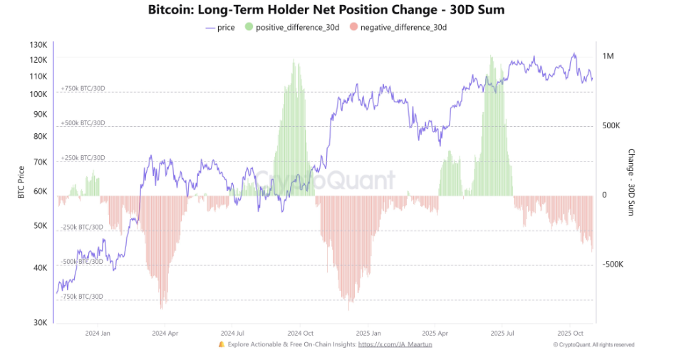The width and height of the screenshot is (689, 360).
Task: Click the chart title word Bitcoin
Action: coord(172,10)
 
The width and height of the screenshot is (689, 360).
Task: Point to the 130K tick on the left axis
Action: coord(38,45)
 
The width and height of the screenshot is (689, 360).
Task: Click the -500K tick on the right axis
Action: coord(613,264)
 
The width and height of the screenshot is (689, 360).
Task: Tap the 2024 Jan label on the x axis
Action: coord(97,333)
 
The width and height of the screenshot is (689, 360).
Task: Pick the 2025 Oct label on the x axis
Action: coord(570,333)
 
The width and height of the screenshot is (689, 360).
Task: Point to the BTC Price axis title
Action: coord(21,182)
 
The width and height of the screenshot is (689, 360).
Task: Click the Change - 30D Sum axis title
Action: coord(631,182)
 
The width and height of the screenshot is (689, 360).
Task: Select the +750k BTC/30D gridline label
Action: coord(83,88)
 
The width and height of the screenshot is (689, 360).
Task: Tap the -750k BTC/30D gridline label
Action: coord(82,297)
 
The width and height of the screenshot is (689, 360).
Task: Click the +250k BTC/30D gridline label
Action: coord(83,158)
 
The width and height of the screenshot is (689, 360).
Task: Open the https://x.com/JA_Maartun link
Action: coord(395,344)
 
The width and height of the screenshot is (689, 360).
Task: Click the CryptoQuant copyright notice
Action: coord(594,344)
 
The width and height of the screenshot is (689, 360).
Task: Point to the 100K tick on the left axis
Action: coord(38,94)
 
